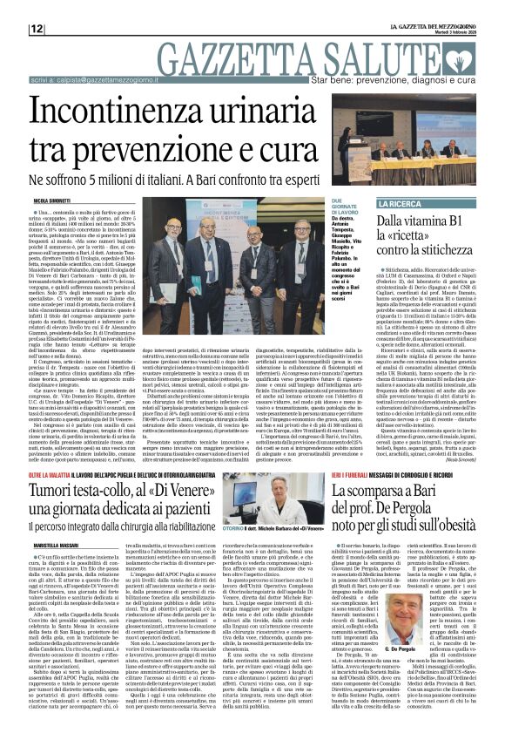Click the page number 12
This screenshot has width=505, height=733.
coord(37,29)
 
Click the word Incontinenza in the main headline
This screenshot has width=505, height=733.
coord(139,113)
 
